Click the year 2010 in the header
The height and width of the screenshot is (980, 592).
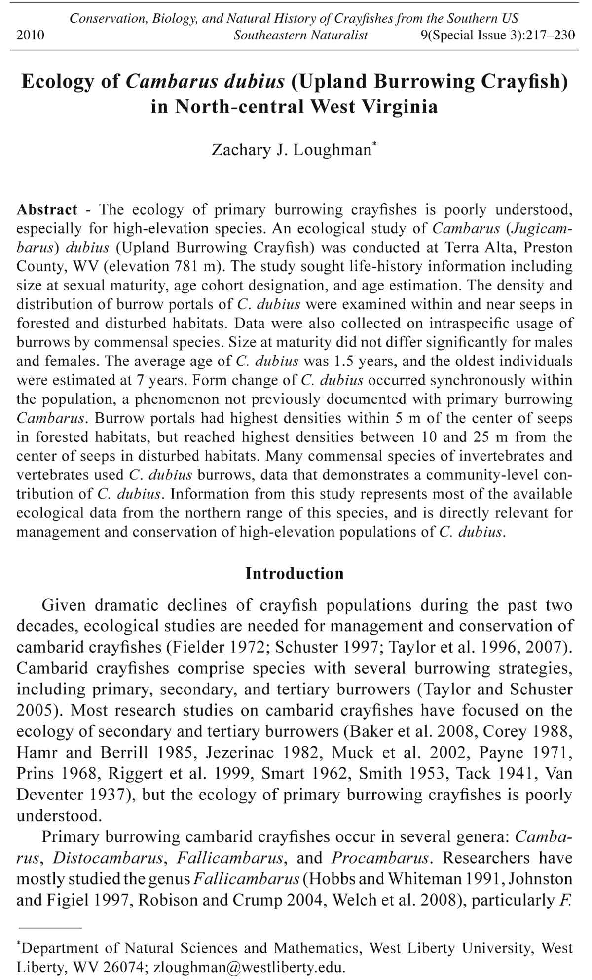(x=31, y=35)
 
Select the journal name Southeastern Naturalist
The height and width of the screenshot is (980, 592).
(x=300, y=35)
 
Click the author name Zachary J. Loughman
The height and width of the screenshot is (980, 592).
(x=291, y=149)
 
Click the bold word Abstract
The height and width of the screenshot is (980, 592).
(x=47, y=209)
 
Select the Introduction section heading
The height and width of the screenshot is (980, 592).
(x=295, y=573)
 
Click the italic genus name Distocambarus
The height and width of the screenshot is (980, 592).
(x=108, y=858)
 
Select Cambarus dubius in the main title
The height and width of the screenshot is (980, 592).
(x=205, y=81)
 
